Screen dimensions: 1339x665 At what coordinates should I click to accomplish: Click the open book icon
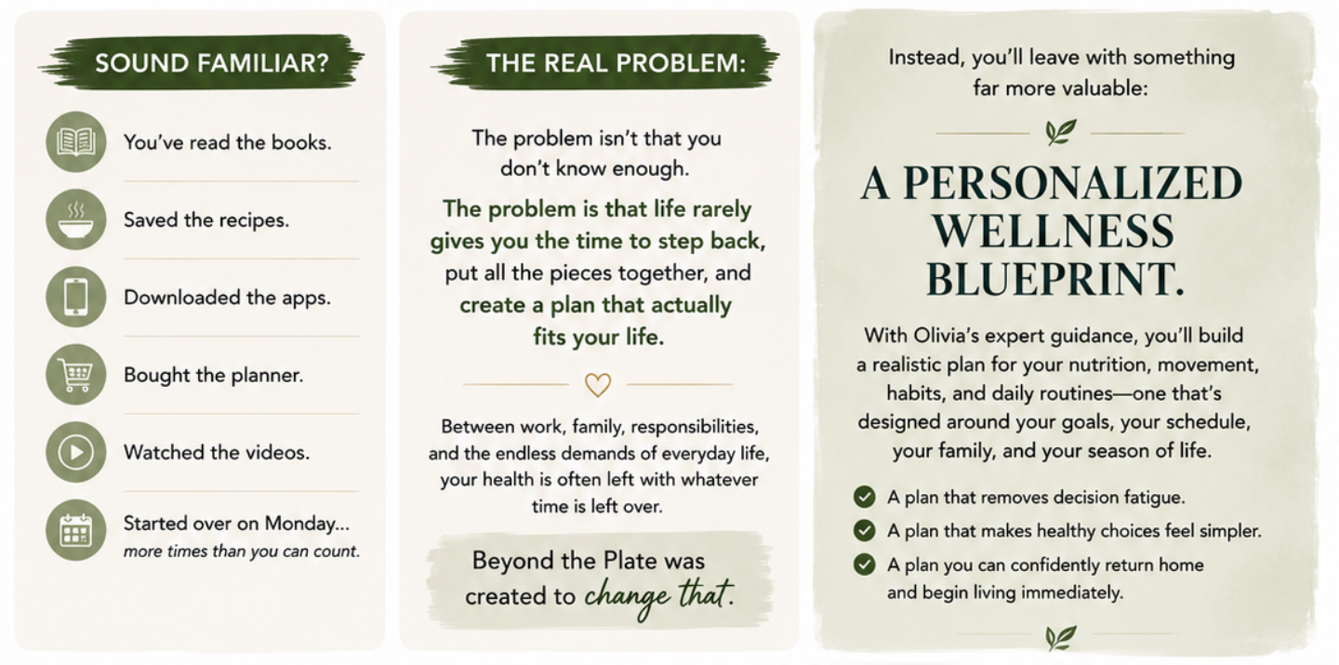(x=76, y=142)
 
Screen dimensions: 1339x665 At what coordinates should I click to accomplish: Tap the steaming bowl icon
(x=76, y=219)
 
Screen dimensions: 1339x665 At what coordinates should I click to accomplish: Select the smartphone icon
(x=76, y=297)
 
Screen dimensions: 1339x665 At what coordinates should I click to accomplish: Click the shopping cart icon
(x=76, y=375)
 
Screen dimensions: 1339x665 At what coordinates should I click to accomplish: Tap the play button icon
(x=76, y=452)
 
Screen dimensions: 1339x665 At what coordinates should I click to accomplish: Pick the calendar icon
(x=76, y=530)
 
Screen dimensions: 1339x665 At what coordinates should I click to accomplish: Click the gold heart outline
(x=598, y=384)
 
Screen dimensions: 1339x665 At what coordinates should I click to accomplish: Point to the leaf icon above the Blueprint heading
(x=1060, y=132)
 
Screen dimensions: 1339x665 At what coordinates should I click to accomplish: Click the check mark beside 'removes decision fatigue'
(x=865, y=497)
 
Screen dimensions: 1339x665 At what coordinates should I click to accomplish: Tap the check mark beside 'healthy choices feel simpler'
(x=865, y=530)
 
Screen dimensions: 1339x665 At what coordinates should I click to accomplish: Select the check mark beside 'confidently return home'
(x=865, y=565)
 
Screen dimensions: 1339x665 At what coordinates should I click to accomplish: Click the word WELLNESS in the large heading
(x=1054, y=232)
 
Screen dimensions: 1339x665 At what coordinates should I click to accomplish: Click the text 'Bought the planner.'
(x=214, y=376)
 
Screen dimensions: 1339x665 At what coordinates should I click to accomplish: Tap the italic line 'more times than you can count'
(x=242, y=552)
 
